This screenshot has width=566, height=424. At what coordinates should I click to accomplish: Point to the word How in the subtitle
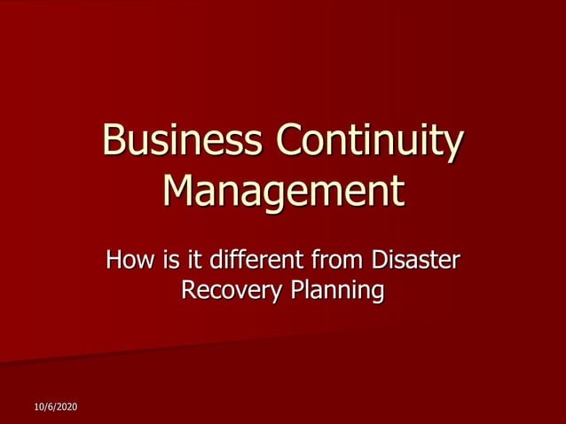tap(127, 261)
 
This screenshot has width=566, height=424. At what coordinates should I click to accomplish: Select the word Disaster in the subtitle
tap(414, 261)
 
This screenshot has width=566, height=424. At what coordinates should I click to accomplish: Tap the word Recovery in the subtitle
tap(226, 290)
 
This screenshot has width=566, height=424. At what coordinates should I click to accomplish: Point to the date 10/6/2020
tap(56, 406)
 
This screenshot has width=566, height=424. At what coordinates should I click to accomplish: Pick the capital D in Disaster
tap(377, 261)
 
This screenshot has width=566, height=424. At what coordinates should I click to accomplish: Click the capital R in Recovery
tap(188, 290)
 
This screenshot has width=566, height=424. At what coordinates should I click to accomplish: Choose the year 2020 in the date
tap(67, 406)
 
